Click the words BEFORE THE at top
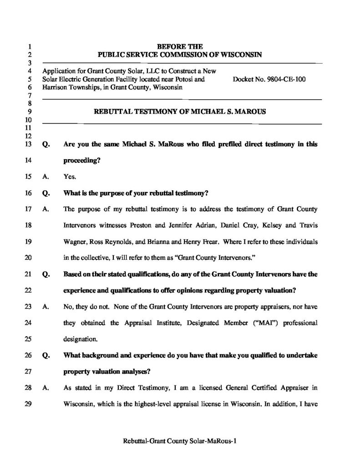click(180, 46)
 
